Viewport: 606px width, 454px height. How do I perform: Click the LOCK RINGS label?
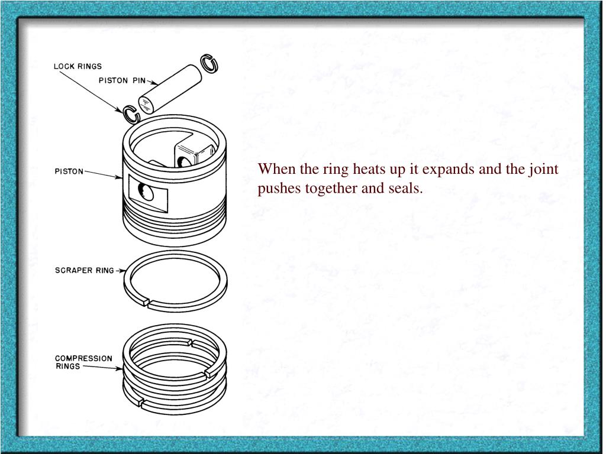(78, 66)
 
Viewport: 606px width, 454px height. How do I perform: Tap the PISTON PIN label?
(122, 80)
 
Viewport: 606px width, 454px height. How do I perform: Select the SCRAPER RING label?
(85, 270)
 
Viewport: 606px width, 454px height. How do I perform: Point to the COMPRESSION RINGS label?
(83, 362)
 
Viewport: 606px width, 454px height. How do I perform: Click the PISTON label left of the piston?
(69, 171)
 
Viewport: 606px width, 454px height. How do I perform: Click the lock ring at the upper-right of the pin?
(209, 63)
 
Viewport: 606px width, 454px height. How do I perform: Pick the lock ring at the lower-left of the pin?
(131, 115)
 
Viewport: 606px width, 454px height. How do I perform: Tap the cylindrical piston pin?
(170, 90)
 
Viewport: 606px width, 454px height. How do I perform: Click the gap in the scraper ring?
(147, 302)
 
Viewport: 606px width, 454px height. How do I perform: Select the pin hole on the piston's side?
(147, 192)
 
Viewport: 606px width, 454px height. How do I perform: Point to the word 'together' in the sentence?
(331, 189)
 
